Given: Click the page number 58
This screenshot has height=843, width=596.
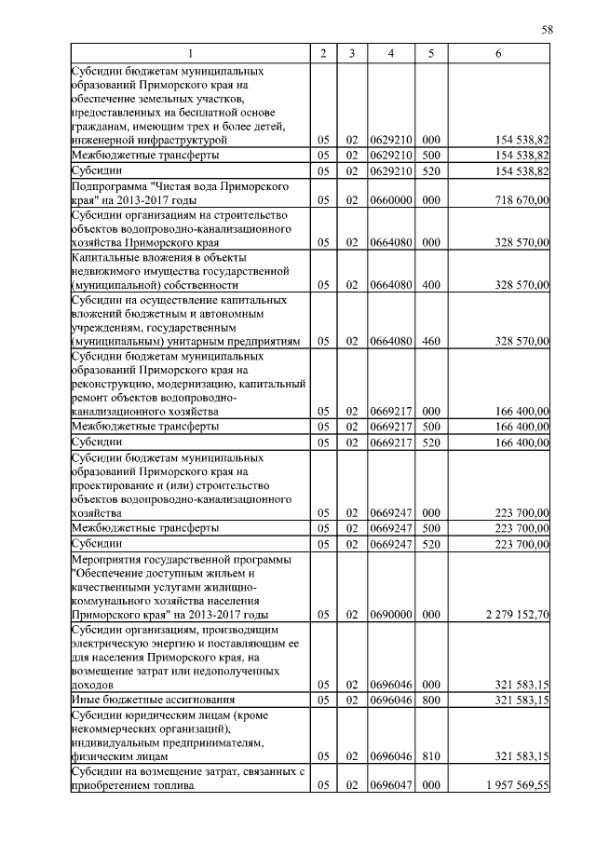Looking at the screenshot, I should coord(548,31).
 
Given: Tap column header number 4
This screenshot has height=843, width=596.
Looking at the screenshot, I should coord(390,54).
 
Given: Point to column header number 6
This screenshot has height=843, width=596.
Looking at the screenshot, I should coord(498,54).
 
